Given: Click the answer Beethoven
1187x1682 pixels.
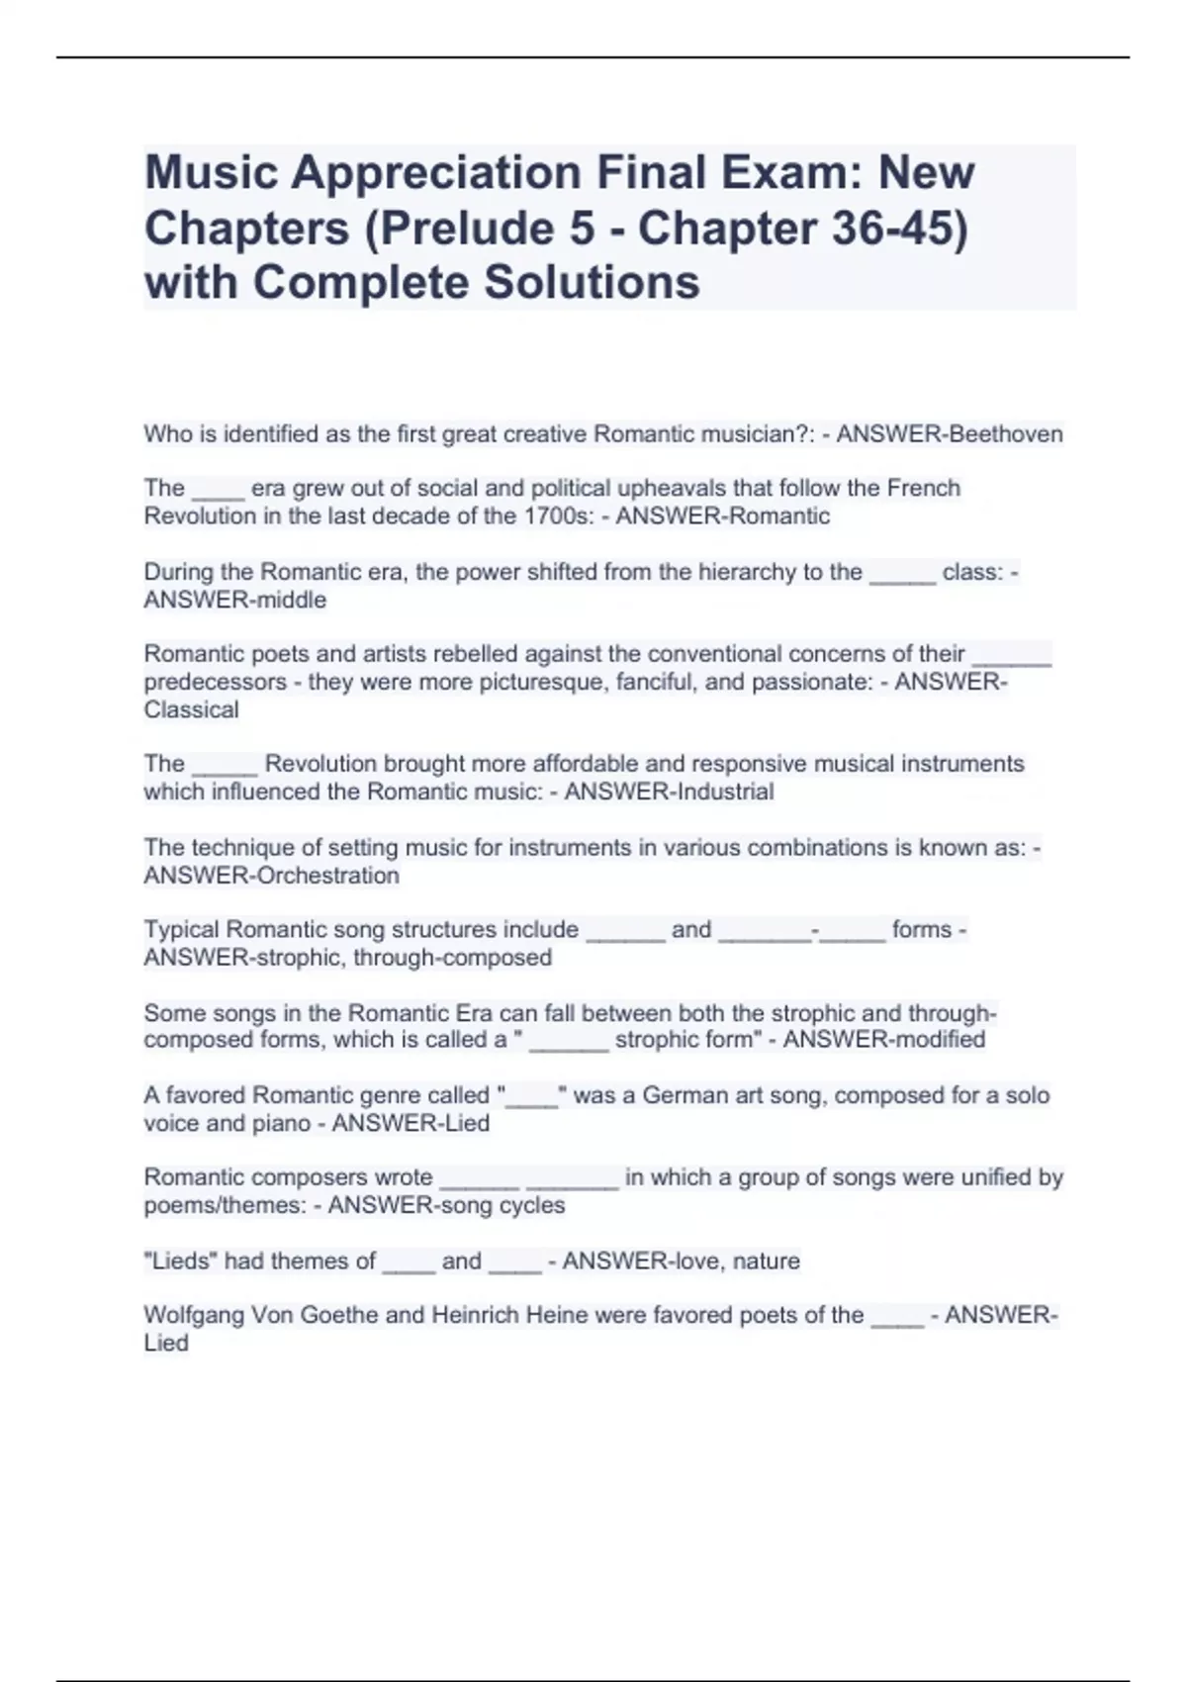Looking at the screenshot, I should point(1005,434).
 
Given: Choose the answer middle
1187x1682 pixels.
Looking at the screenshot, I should point(291,600).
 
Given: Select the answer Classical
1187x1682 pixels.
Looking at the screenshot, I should point(192,709).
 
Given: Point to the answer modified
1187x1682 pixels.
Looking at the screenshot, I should point(935,1040).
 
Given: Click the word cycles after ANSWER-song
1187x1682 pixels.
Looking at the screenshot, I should point(532,1205).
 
